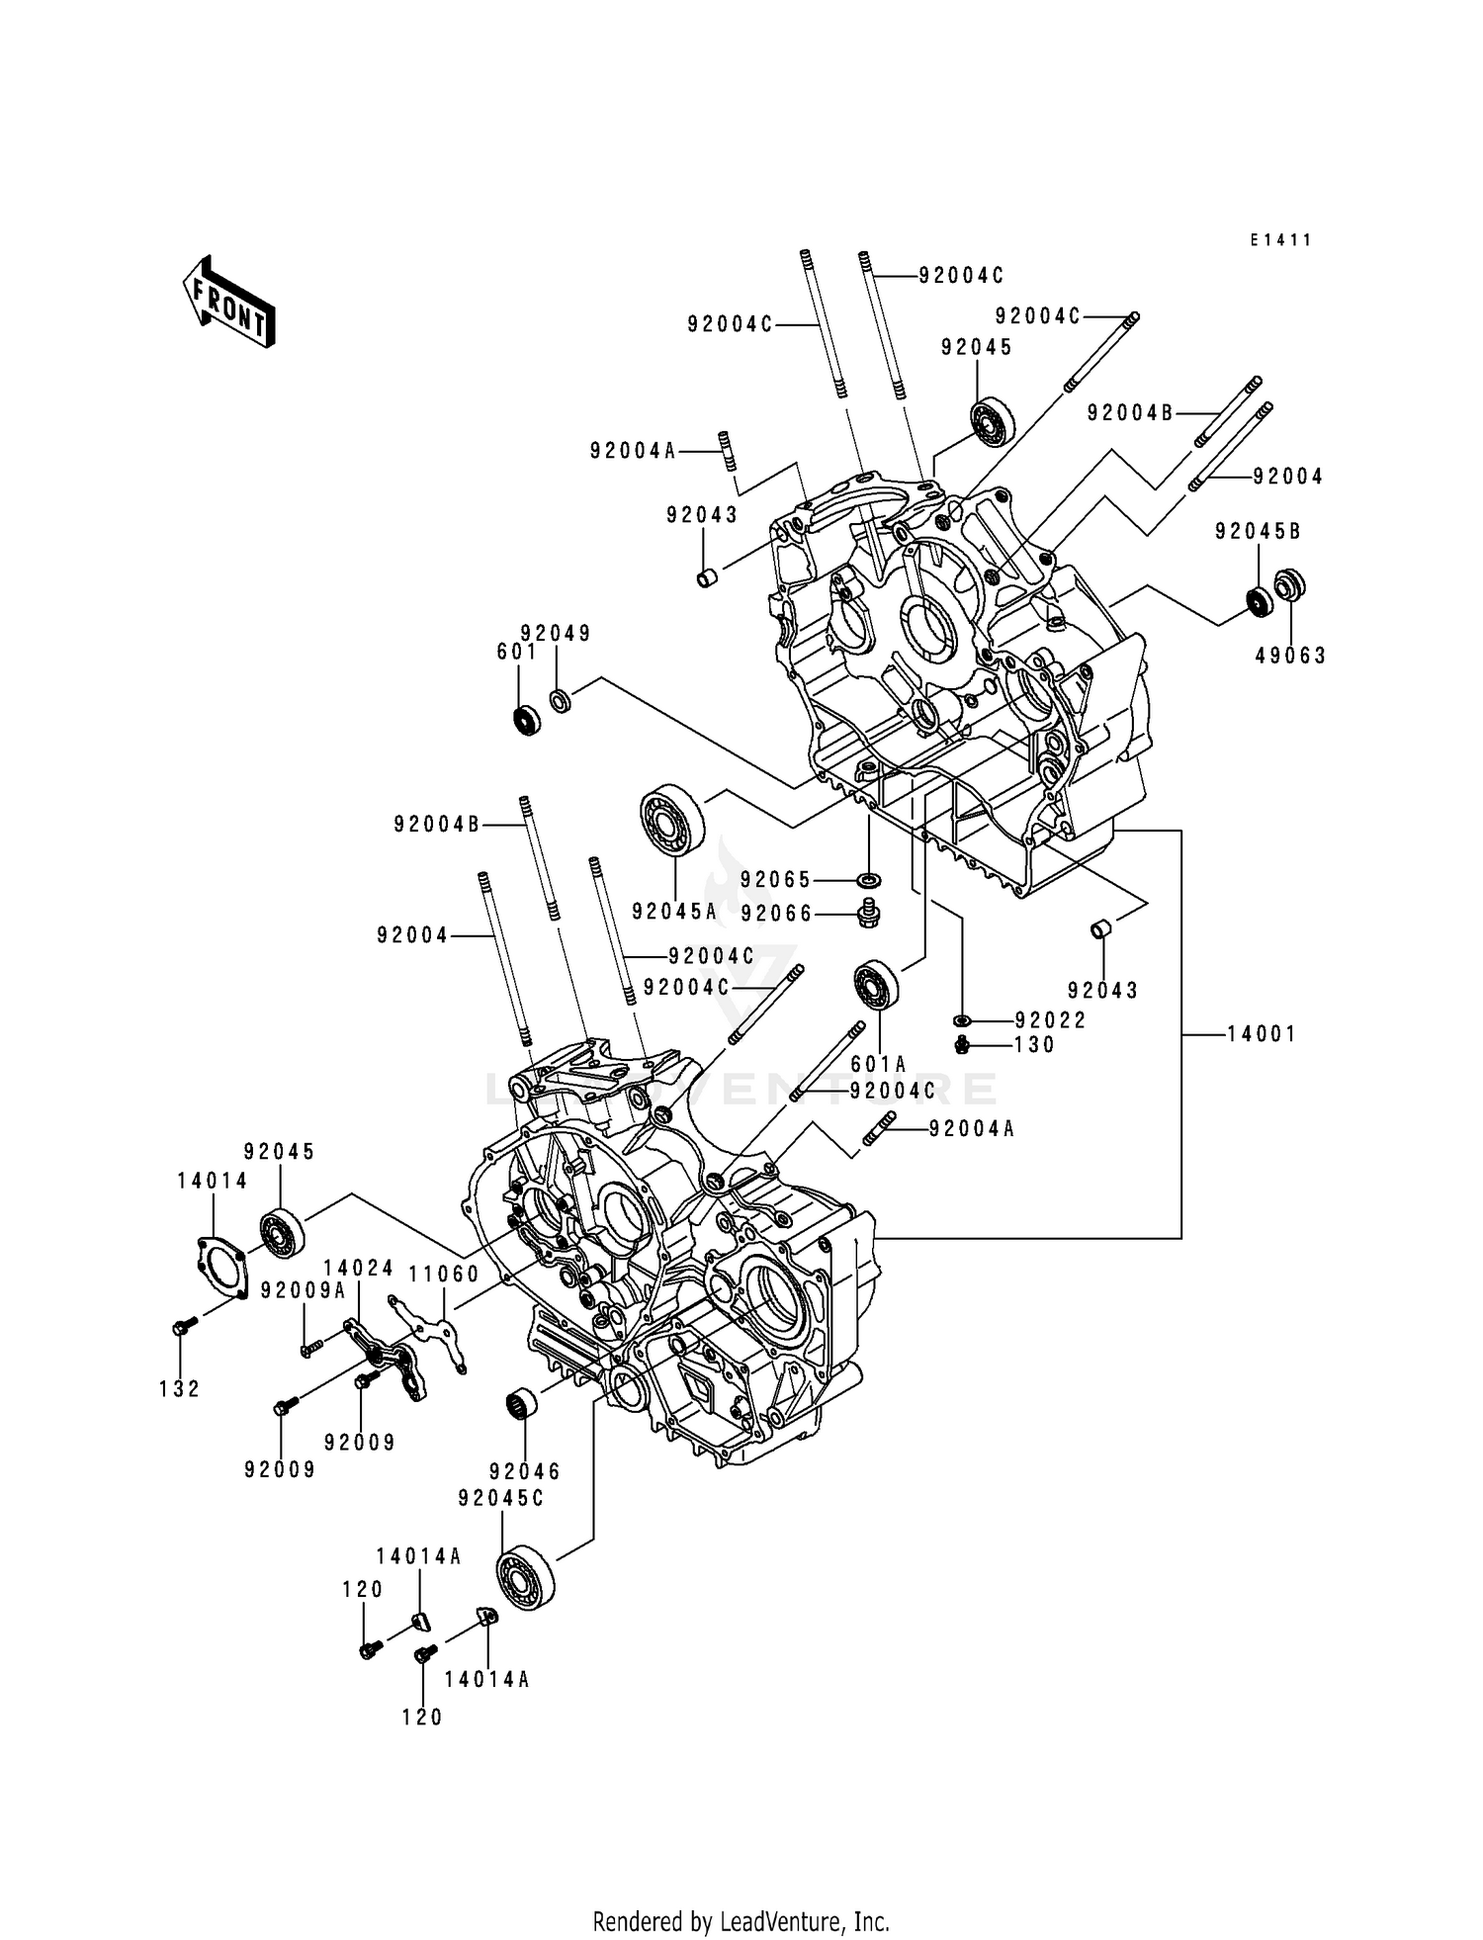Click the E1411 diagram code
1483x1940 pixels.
click(1279, 240)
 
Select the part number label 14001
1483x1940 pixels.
click(1261, 1034)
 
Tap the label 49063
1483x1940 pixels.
click(1290, 656)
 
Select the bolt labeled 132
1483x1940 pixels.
click(178, 1328)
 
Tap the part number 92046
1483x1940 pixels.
click(524, 1472)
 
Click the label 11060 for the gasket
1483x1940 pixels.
click(445, 1275)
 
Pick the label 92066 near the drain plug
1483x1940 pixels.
click(776, 914)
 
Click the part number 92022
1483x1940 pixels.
click(1050, 1020)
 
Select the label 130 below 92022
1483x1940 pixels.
click(1035, 1045)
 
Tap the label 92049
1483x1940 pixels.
click(556, 634)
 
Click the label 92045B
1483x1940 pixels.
click(1258, 532)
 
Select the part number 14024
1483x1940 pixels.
click(358, 1269)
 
